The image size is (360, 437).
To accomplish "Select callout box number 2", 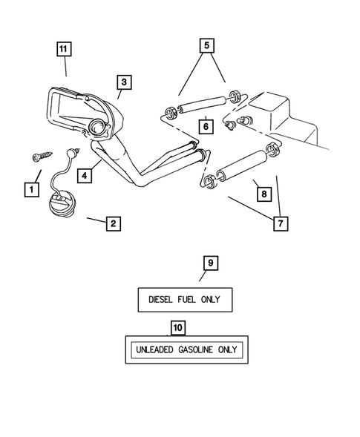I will click(112, 223).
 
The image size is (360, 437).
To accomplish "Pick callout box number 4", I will click(85, 176).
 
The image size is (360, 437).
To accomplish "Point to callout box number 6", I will click(206, 126).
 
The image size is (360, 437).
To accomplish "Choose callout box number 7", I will click(280, 223).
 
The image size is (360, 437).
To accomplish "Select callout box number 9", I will click(210, 263).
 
